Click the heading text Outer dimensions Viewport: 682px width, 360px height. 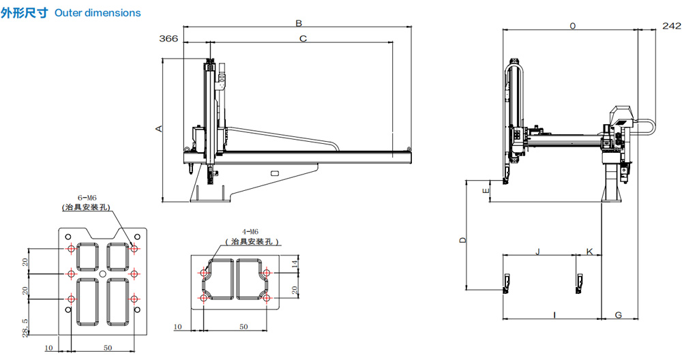98,13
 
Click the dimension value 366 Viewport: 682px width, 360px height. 168,39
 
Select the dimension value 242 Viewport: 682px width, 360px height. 672,26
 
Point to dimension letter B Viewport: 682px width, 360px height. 299,23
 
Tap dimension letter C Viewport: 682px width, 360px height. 303,39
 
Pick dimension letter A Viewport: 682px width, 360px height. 159,129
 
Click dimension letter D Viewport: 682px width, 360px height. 463,239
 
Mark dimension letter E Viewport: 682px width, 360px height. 486,190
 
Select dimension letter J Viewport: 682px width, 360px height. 537,252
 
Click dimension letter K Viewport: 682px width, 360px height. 590,252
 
